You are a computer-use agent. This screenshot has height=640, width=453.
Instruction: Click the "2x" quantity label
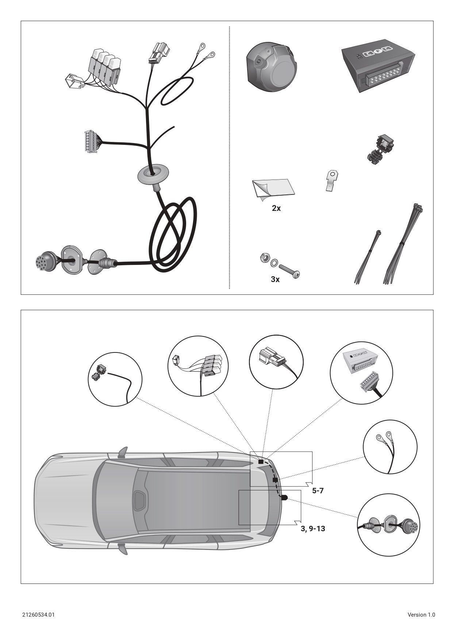coord(276,208)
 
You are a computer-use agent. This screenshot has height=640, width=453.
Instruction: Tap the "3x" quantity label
coord(275,279)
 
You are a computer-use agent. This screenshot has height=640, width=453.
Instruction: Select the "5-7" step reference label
coord(318,491)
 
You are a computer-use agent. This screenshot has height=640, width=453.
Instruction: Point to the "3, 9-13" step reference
coord(313,529)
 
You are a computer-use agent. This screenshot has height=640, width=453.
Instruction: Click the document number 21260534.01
coord(38,615)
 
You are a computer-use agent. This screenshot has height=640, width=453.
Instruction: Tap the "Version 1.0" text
coord(421,615)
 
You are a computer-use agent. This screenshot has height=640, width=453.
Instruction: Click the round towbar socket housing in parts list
coord(272,67)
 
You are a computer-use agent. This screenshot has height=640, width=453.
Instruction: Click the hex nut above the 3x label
coord(263,258)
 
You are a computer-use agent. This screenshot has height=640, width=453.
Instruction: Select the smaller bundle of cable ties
coord(368,257)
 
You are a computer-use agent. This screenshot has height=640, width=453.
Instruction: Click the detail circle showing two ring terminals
coord(390,447)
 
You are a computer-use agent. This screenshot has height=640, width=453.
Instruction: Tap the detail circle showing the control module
coord(361,373)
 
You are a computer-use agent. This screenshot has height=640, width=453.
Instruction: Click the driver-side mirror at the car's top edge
coord(123,453)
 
